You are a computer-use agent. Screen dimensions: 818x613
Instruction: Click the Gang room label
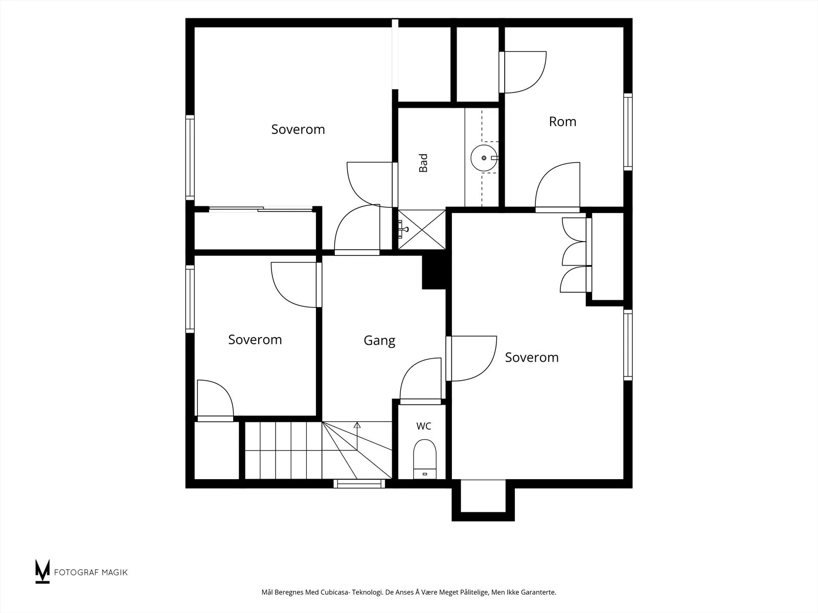click(379, 341)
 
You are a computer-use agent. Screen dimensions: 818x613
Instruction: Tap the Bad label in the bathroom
click(423, 163)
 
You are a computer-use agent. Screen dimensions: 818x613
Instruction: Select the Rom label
click(562, 122)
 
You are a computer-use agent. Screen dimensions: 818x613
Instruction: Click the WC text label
click(424, 426)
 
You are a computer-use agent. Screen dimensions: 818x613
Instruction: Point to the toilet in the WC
click(424, 459)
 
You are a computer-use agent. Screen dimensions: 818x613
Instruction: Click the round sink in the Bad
click(484, 158)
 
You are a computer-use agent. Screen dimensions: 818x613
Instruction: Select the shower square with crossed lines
click(422, 230)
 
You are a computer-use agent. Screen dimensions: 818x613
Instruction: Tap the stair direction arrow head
click(357, 425)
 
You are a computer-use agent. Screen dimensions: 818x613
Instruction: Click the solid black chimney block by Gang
click(434, 272)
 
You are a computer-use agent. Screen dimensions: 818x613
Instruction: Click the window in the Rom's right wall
click(628, 132)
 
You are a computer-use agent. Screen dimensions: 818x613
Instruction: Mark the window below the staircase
click(359, 483)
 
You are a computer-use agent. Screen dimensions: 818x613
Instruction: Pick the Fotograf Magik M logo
click(42, 571)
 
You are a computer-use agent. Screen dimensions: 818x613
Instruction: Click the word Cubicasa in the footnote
click(334, 592)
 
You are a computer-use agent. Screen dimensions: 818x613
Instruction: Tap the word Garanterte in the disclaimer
click(539, 592)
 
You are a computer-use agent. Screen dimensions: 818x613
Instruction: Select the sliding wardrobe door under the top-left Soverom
click(261, 209)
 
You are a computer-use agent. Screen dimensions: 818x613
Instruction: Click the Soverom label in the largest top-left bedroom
click(298, 130)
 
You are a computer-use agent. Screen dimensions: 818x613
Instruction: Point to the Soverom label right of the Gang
click(532, 358)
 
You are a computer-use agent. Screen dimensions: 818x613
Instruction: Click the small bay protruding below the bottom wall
click(483, 500)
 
